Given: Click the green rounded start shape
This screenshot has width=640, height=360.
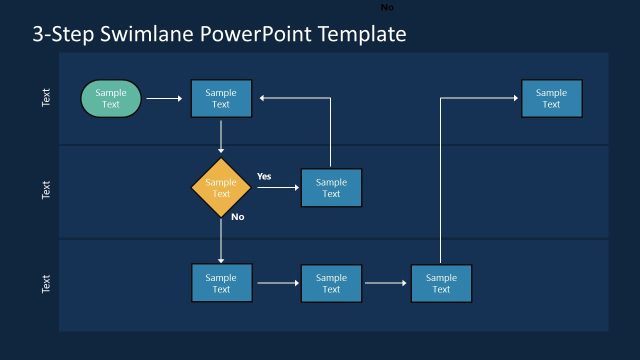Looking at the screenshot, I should point(111,98).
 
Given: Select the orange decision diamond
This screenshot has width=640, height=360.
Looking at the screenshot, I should point(221,188).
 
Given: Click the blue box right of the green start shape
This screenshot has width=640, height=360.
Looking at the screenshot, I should point(221,98).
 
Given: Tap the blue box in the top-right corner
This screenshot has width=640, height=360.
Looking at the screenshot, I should point(551,98).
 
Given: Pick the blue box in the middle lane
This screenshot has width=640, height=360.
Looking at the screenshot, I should point(331,188).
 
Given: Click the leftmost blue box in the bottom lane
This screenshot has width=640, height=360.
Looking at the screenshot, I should point(221,283).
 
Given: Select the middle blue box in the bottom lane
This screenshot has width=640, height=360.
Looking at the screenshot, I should point(331,283).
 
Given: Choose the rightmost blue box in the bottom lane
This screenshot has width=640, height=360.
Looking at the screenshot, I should point(441,283).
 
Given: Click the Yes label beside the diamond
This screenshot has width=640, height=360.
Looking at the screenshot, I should point(264,176).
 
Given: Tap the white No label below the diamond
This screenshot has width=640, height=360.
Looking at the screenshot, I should point(238,217).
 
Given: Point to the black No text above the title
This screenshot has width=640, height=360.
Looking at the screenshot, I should point(387,7).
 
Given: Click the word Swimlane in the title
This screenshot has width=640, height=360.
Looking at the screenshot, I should point(150,35).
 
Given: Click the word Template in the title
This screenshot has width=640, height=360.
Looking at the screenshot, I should point(362,35).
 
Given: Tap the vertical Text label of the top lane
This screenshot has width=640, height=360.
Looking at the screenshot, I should point(46,98).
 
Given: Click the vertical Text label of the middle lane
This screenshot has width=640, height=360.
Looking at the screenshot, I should point(46,190).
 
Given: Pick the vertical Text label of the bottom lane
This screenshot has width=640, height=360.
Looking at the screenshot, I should point(46,284).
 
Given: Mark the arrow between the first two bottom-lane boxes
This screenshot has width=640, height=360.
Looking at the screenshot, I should point(278,283).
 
